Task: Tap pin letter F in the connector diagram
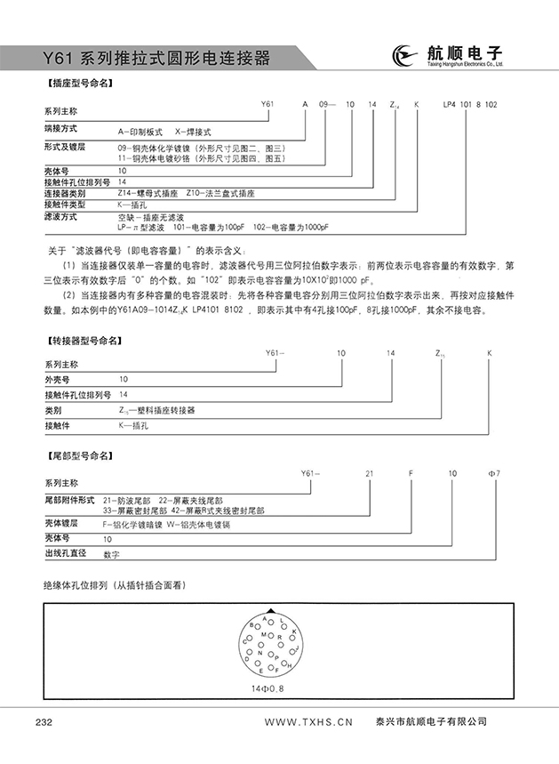pos(276,672)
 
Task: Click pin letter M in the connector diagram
pos(263,634)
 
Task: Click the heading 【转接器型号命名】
pos(83,340)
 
